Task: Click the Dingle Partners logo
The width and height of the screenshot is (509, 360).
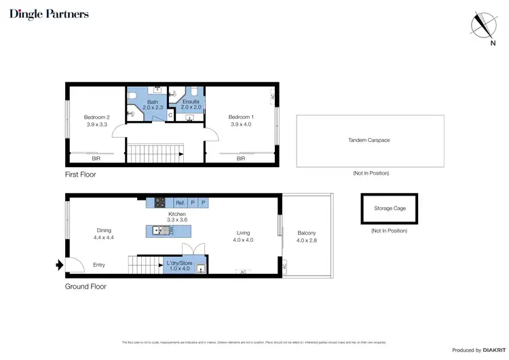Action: point(49,14)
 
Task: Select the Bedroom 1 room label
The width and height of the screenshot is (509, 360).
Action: point(240,120)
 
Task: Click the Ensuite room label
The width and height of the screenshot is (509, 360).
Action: point(191,104)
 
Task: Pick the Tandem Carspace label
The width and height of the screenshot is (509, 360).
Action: point(369,140)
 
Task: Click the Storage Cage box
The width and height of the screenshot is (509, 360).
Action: point(390,209)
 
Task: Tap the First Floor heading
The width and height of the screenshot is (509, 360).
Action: point(81,175)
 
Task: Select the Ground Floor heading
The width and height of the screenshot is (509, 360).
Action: point(86,286)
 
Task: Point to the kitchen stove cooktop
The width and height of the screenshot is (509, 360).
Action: point(160,202)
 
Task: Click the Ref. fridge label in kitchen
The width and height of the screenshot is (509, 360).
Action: point(180,203)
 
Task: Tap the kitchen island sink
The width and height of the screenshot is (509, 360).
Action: point(157,231)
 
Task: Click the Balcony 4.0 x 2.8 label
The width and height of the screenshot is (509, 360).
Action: point(307,236)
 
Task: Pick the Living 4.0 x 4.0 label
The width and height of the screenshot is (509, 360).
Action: point(243,236)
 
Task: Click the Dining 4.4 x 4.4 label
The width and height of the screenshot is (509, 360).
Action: point(104,234)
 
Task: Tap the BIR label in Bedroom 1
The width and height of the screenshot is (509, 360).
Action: point(241,158)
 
